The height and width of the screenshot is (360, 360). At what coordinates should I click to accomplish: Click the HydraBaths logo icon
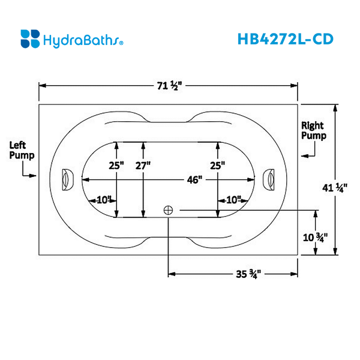pyautogui.click(x=30, y=38)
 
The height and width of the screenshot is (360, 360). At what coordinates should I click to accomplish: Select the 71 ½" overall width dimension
pyautogui.click(x=169, y=85)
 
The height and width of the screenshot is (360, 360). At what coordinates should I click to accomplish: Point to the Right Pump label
pyautogui.click(x=313, y=131)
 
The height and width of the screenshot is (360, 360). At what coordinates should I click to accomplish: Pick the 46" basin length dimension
pyautogui.click(x=193, y=179)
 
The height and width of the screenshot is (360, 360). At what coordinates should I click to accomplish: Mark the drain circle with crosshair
pyautogui.click(x=169, y=210)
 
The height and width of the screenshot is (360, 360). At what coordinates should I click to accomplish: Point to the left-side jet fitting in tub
pyautogui.click(x=66, y=178)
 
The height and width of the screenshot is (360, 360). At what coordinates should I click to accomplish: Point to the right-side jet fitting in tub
pyautogui.click(x=269, y=178)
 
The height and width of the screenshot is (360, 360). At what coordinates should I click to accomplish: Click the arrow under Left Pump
pyautogui.click(x=29, y=176)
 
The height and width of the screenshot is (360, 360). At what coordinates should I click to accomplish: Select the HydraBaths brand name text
pyautogui.click(x=83, y=40)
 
